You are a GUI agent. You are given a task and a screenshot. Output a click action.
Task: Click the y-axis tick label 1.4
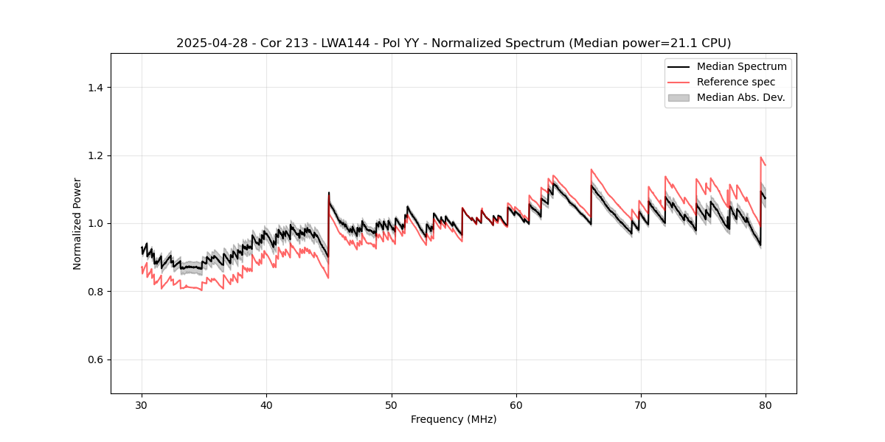[x=95, y=88]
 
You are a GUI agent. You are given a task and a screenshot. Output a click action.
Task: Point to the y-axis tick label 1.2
[x=95, y=155]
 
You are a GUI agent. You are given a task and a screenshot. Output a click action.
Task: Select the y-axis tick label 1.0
[x=95, y=223]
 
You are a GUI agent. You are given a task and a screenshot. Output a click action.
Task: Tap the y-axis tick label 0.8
[x=95, y=292]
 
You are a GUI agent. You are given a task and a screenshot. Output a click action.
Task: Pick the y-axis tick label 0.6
[x=95, y=359]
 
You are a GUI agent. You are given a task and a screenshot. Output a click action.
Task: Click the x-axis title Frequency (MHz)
[x=454, y=419]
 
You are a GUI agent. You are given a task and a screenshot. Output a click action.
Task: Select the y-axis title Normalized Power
[x=77, y=223]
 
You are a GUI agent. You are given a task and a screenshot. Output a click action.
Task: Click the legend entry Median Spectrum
[x=741, y=66]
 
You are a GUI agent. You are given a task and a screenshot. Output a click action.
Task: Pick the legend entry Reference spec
[x=736, y=82]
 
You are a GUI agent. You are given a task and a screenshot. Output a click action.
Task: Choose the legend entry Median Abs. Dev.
[x=740, y=97]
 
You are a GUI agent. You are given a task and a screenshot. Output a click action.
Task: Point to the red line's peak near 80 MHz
[x=760, y=157]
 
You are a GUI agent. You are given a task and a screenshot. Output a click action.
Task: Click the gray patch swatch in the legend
[x=678, y=97]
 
